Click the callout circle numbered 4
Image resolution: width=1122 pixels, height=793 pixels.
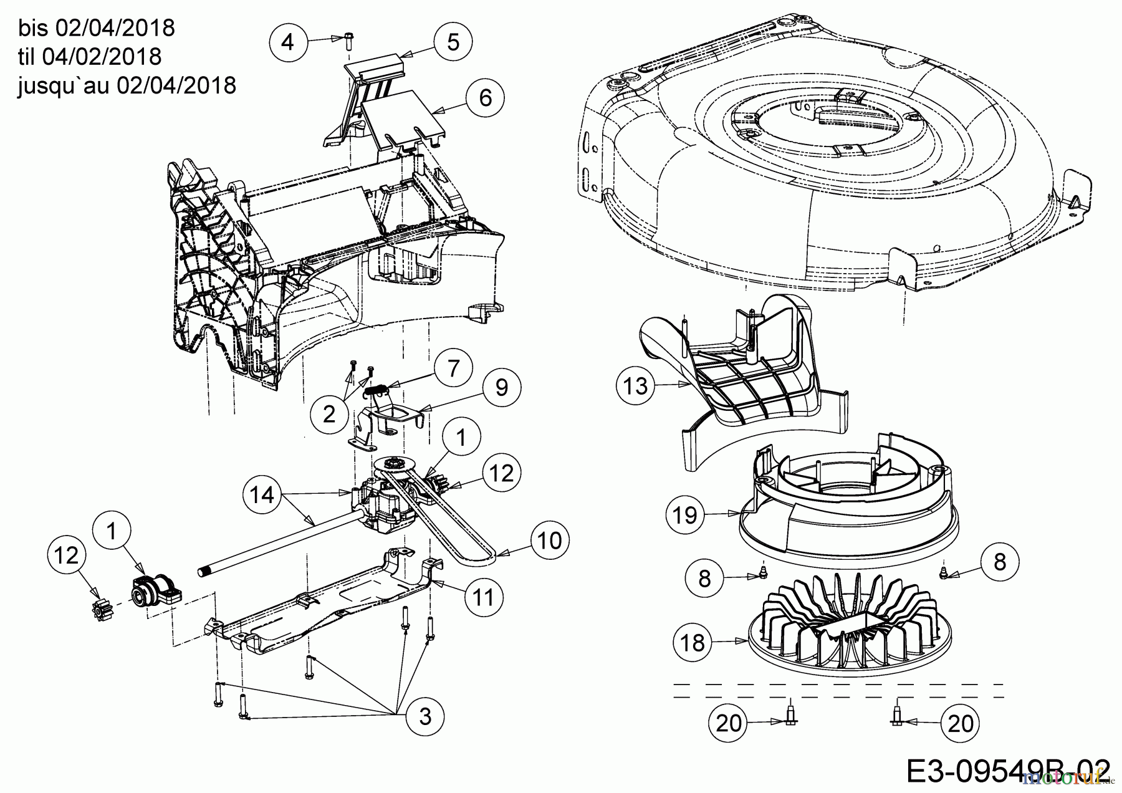[287, 42]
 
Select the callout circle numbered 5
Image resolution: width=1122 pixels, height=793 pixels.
[453, 42]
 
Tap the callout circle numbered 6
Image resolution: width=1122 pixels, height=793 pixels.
[486, 97]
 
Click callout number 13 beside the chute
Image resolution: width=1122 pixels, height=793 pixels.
[636, 387]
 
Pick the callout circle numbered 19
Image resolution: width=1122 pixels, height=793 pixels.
[685, 515]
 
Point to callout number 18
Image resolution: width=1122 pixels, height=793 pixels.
[693, 642]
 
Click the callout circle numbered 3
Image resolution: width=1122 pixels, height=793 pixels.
[425, 716]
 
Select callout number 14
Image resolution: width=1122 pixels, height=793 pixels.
[262, 495]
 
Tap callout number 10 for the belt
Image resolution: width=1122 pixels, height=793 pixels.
[549, 541]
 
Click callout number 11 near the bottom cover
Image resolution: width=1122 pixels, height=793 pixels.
[484, 597]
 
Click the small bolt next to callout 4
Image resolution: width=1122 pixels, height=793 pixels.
[348, 41]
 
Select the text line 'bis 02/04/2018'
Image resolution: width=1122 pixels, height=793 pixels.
[97, 28]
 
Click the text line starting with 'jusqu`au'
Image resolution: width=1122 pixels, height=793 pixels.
[127, 85]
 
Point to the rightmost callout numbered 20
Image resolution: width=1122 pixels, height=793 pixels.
[960, 723]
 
